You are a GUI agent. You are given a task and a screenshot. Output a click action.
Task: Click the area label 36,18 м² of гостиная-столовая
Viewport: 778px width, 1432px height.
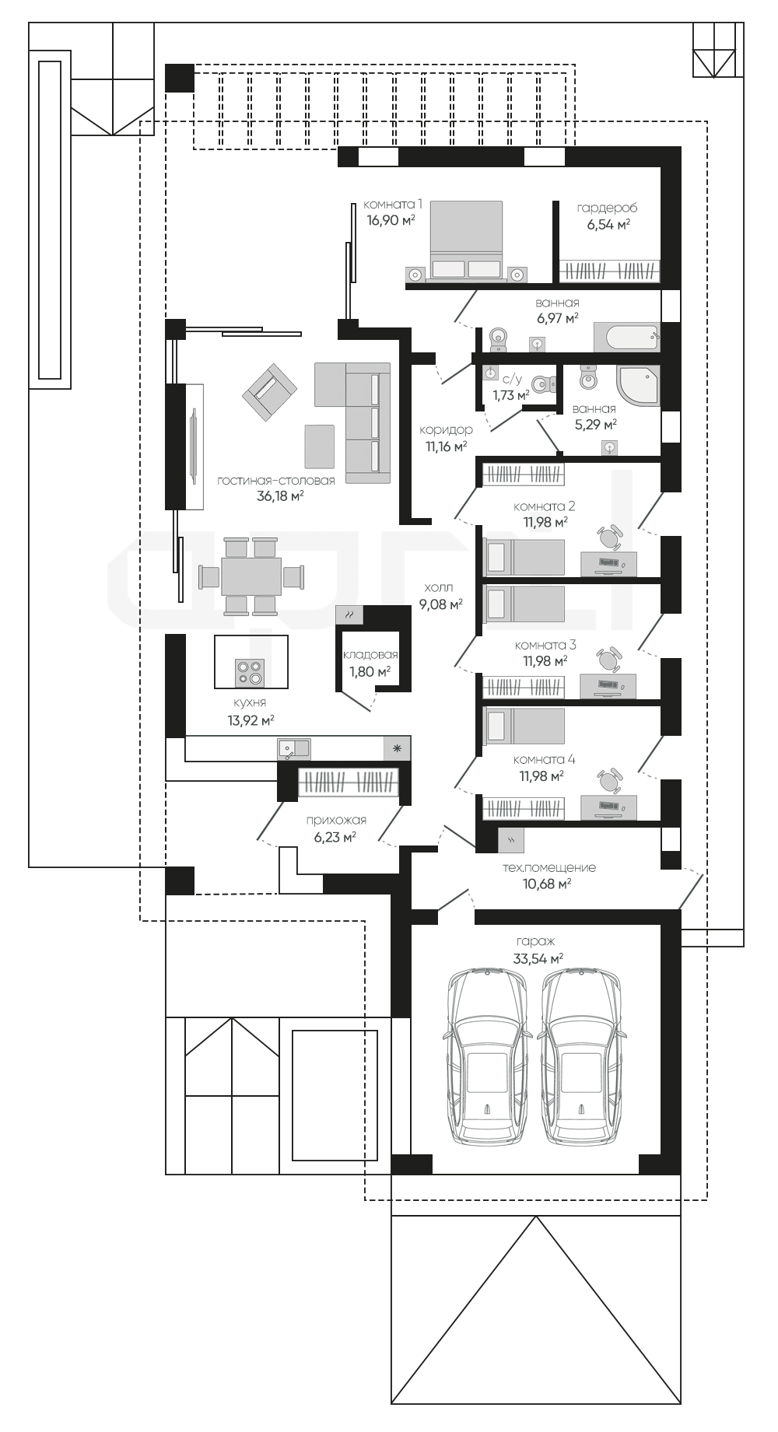[x=280, y=495]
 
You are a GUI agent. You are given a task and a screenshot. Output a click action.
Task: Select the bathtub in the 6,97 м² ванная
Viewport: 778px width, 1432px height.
[x=626, y=338]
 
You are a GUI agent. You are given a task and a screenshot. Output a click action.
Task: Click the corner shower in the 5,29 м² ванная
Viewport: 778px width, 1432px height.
[x=638, y=386]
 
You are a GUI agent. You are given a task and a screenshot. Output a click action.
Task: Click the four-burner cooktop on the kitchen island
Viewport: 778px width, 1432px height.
[x=251, y=673]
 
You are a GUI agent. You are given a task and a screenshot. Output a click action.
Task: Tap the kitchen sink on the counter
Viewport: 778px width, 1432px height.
[x=293, y=749]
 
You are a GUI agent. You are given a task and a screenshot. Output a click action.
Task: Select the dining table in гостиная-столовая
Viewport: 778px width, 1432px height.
[x=251, y=576]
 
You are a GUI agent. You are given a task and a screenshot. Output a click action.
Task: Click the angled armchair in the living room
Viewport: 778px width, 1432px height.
[x=270, y=390]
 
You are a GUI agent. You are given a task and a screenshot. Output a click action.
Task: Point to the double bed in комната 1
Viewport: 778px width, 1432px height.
[x=465, y=241]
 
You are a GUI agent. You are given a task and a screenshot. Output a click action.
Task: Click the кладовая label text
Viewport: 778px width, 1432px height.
[x=370, y=655]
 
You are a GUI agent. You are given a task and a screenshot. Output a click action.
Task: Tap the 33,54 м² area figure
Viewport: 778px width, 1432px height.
[x=538, y=959]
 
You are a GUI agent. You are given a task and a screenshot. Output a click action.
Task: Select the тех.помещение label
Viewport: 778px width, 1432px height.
[x=549, y=867]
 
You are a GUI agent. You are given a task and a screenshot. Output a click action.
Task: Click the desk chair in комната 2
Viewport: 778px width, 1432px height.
[x=611, y=536]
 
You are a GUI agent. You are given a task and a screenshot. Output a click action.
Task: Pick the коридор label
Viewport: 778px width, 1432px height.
[x=446, y=430]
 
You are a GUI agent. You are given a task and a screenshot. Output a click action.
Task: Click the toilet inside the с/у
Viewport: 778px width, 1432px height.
[x=543, y=383]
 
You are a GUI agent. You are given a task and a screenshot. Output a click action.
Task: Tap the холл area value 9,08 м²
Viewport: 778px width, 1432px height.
[x=441, y=604]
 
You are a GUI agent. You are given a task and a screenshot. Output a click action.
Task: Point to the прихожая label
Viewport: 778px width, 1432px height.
[x=336, y=820]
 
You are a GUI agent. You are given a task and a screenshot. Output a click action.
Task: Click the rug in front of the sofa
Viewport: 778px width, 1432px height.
[x=320, y=447]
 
